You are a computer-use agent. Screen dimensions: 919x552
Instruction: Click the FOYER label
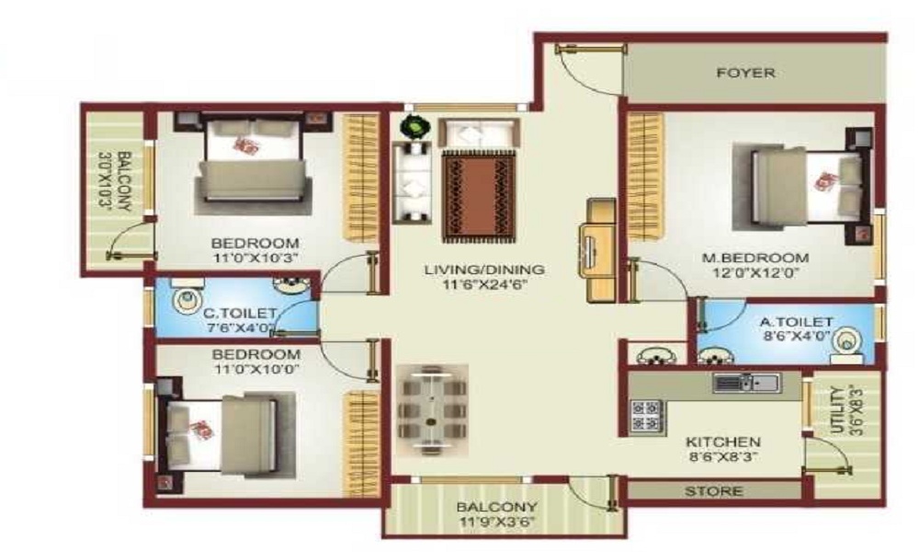[x=746, y=74]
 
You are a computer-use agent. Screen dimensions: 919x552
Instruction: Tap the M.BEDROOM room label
[x=755, y=259]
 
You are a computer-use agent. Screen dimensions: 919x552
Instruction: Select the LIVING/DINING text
[x=484, y=270]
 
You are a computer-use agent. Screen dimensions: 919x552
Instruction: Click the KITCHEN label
[x=723, y=442]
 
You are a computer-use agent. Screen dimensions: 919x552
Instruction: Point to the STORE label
[x=713, y=491]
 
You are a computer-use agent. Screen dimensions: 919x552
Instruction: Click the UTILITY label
[x=839, y=410]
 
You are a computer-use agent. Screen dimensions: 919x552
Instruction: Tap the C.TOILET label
[x=239, y=313]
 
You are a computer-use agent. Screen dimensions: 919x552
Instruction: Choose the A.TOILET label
[x=796, y=322]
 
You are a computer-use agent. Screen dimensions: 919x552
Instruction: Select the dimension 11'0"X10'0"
[x=255, y=370]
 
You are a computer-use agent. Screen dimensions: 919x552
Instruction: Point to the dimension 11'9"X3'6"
[x=496, y=522]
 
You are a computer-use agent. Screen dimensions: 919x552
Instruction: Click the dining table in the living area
[x=433, y=409]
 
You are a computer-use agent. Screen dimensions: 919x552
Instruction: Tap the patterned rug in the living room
[x=479, y=197]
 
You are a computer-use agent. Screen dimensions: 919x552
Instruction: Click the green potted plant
[x=415, y=127]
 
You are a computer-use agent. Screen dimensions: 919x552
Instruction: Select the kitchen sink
[x=746, y=384]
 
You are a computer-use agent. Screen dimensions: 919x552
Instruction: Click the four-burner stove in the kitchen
[x=647, y=416]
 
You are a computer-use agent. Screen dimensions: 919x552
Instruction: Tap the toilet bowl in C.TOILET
[x=187, y=300]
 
